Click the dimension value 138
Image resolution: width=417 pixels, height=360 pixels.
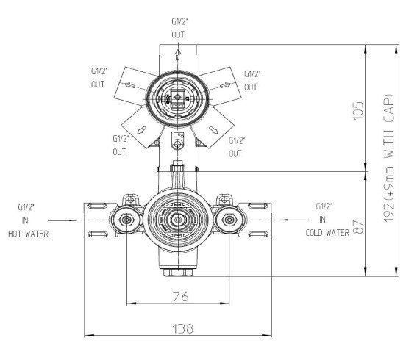pyautogui.click(x=179, y=329)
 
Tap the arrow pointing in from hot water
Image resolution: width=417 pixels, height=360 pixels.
pyautogui.click(x=62, y=219)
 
